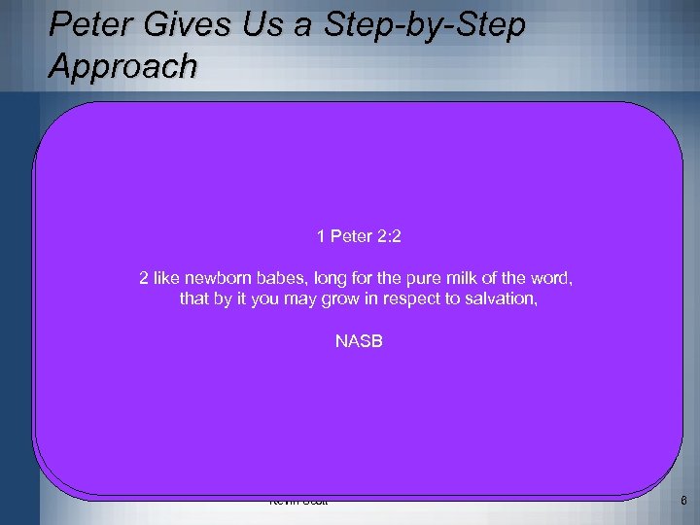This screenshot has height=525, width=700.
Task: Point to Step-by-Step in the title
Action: point(423,25)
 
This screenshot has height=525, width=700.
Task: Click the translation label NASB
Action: point(358,341)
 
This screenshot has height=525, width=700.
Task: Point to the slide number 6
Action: point(683,502)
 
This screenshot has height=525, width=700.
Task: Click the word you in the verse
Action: point(268,299)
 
